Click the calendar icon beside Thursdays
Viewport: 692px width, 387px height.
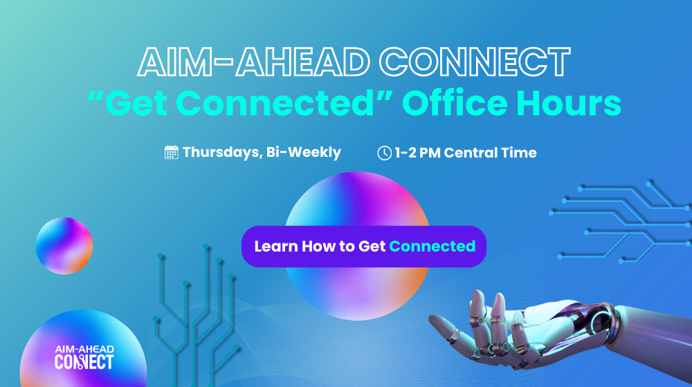(172, 153)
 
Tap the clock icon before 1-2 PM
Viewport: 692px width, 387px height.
(384, 153)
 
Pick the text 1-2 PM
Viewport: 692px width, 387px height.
(417, 153)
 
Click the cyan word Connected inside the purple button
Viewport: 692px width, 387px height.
(432, 246)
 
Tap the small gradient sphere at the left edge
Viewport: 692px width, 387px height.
(64, 245)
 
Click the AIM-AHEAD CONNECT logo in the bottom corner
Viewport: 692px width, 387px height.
(84, 357)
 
